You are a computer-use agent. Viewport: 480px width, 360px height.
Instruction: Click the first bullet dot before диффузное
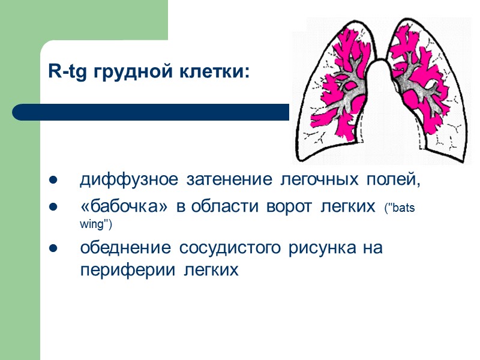(x=53, y=180)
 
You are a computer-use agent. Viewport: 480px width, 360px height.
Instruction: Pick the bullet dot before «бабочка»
(x=53, y=207)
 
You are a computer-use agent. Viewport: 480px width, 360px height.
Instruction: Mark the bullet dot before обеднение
(x=53, y=247)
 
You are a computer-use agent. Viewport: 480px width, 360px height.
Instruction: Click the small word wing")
(x=96, y=224)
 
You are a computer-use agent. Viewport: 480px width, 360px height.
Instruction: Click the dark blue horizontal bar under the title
(x=150, y=112)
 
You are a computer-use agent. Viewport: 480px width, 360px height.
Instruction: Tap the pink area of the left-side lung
(x=336, y=90)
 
